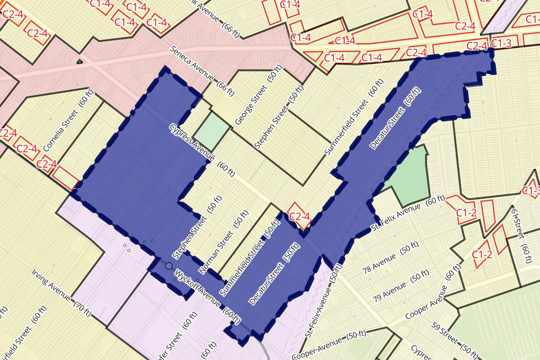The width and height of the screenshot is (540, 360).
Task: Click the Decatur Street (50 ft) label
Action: click(x=274, y=274)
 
